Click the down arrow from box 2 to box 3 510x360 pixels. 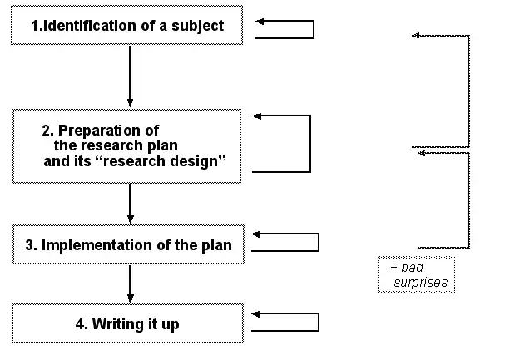(x=130, y=204)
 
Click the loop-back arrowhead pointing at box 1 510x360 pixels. (x=260, y=22)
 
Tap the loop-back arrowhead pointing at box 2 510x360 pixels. (x=258, y=116)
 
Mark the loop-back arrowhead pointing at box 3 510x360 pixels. (x=258, y=235)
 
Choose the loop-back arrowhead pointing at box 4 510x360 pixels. (x=258, y=314)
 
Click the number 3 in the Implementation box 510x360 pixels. (x=31, y=245)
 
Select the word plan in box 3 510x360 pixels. (x=218, y=245)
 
